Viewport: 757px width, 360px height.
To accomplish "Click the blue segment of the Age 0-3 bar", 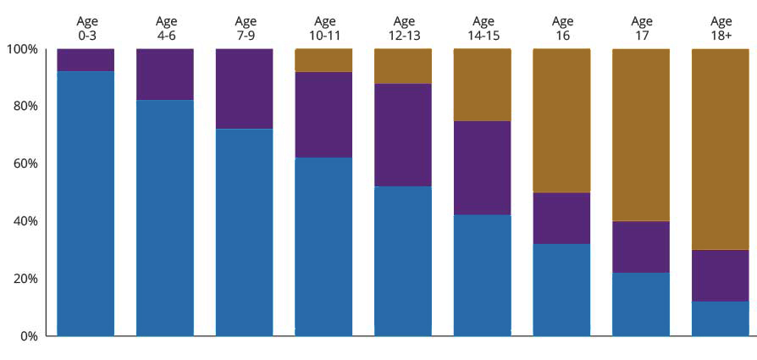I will pos(86,203).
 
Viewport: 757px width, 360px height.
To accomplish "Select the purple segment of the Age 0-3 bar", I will pos(86,60).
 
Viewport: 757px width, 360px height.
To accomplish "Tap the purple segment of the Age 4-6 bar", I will pos(165,75).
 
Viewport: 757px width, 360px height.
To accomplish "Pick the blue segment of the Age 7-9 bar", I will pos(244,232).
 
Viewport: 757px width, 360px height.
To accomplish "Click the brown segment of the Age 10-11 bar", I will pos(323,60).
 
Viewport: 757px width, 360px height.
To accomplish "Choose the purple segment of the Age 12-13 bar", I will pos(403,135).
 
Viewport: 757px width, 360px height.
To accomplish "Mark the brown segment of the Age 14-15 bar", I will pos(482,85).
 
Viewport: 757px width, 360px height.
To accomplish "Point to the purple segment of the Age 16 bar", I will pos(561,218).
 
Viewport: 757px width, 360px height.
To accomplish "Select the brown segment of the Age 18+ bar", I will pos(721,149).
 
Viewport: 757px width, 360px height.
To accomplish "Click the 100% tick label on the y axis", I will pos(22,49).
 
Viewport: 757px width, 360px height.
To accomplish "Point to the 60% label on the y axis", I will pos(25,163).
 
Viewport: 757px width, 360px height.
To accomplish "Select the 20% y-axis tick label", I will pos(25,279).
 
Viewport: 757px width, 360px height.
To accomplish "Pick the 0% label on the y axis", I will pos(28,336).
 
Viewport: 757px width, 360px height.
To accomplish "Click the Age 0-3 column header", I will pos(86,28).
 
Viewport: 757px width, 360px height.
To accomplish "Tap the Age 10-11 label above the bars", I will pos(324,28).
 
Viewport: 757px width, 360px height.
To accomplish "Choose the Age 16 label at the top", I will pos(562,28).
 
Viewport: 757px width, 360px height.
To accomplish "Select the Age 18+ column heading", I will pos(721,28).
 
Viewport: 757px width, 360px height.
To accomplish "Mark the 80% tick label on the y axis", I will pos(25,107).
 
